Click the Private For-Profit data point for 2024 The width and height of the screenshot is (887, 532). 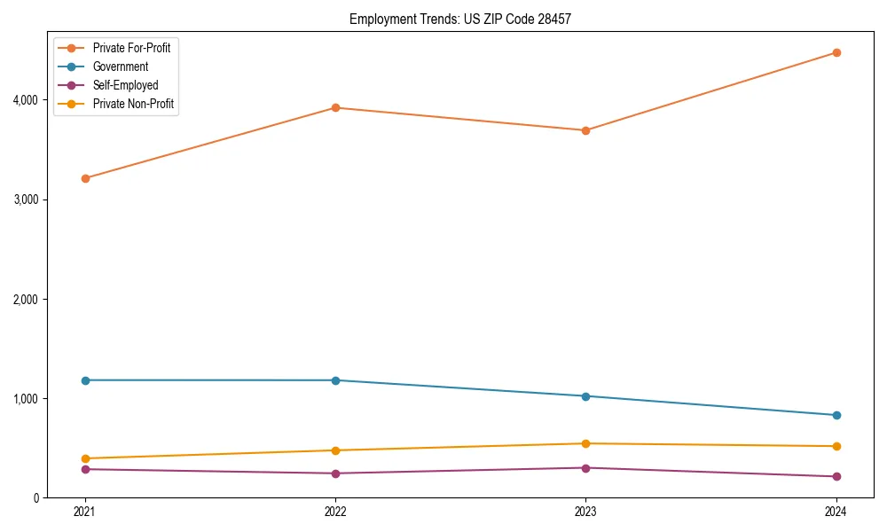coord(836,52)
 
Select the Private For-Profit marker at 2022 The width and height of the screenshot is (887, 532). coord(335,107)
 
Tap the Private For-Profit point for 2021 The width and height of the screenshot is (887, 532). coord(85,178)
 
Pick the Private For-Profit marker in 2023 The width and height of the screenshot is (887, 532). coord(585,130)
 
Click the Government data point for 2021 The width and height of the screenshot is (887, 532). coord(85,380)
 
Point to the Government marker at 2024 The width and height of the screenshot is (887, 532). coord(836,415)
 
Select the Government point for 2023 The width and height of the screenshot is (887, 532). coord(585,396)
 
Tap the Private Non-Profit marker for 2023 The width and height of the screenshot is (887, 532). coord(585,443)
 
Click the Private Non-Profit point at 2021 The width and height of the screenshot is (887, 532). coord(85,458)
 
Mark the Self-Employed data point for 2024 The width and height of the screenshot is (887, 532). coord(836,476)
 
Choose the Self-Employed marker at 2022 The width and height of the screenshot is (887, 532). coord(335,473)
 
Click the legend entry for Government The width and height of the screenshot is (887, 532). coord(120,66)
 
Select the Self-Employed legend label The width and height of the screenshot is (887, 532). coord(125,85)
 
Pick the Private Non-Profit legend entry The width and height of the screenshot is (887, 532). coord(133,104)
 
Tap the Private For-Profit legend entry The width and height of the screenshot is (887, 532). coord(131,48)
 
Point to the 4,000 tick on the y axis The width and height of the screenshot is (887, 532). coord(26,100)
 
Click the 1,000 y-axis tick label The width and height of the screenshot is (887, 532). coord(26,399)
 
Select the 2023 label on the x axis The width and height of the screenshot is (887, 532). coord(585,512)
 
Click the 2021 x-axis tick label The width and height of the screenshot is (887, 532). coord(85,512)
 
